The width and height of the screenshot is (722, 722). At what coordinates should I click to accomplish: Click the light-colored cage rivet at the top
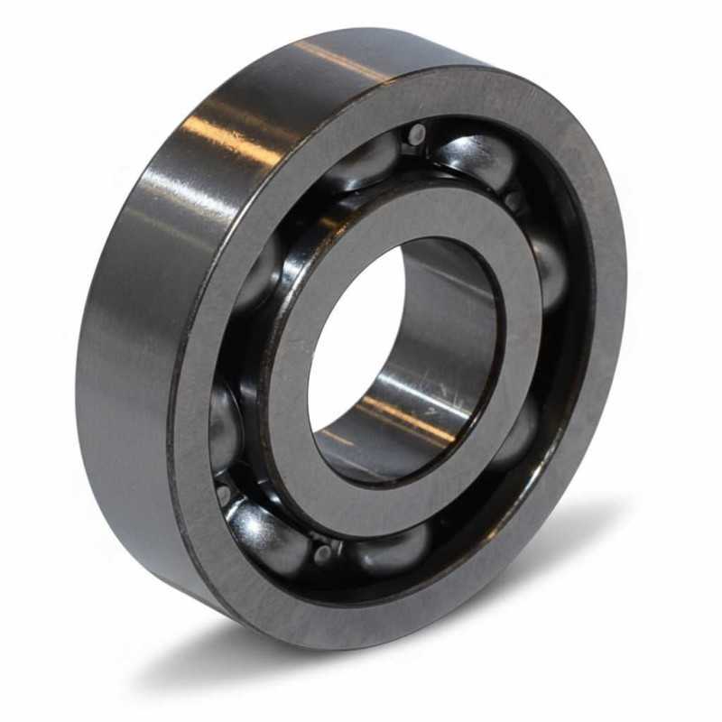(415, 135)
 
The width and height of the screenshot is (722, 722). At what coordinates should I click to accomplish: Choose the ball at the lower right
(519, 433)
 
